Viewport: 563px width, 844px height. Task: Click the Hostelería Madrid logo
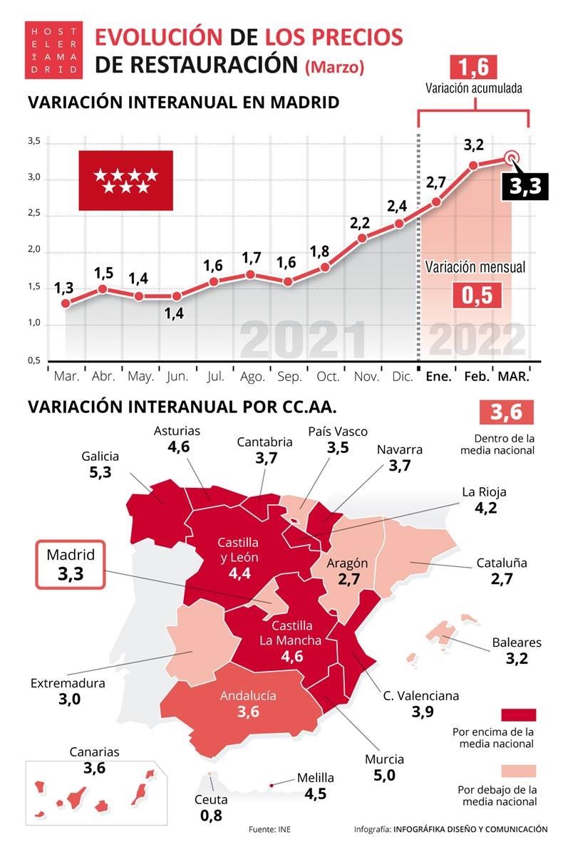(52, 49)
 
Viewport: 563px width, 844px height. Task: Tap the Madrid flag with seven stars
(125, 180)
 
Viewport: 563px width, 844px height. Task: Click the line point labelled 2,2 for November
(362, 238)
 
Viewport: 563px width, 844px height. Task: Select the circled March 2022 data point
(511, 160)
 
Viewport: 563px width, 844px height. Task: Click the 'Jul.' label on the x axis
(215, 376)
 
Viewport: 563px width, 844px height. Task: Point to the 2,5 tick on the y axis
(34, 215)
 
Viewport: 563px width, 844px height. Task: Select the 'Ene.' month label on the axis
(438, 376)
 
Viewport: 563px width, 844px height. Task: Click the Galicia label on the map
(100, 457)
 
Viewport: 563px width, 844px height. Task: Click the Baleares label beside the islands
(516, 642)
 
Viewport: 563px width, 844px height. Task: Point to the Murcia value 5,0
(384, 775)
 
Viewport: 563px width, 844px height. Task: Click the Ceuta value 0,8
(211, 816)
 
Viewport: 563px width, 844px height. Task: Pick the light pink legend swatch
(518, 771)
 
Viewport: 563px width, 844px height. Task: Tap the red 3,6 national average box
(506, 413)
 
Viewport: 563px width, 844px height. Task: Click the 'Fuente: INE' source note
(269, 829)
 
